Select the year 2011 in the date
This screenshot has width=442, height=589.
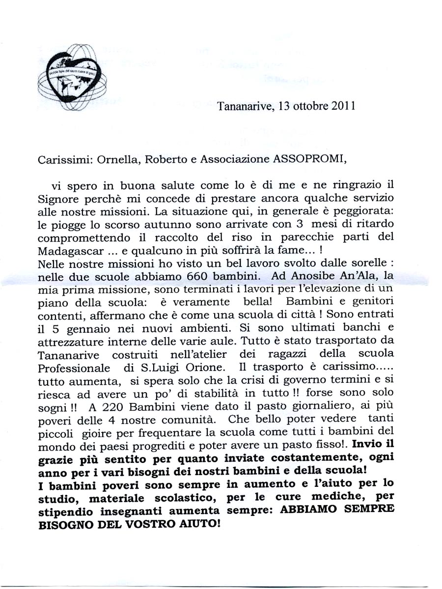coord(342,106)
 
